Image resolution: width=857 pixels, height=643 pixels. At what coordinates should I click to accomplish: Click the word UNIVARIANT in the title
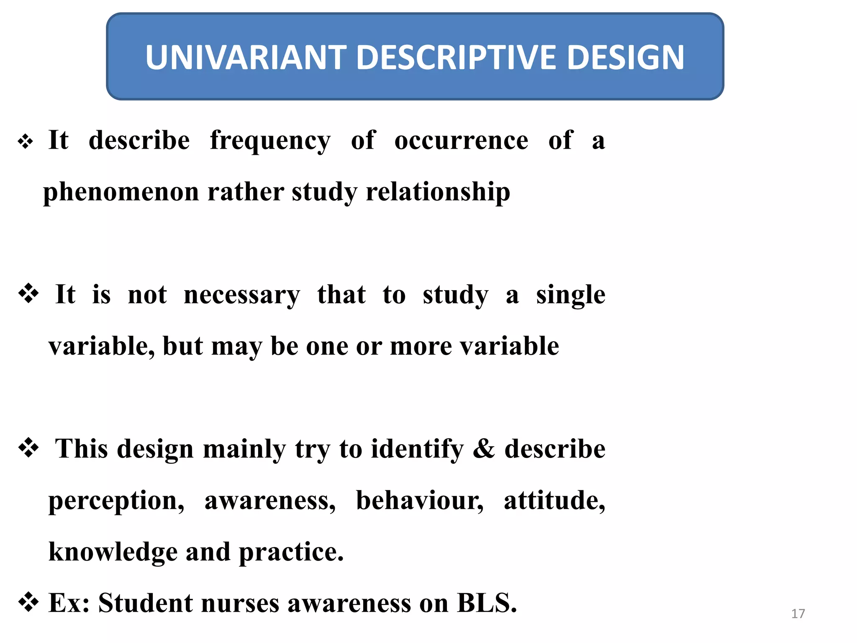pyautogui.click(x=246, y=57)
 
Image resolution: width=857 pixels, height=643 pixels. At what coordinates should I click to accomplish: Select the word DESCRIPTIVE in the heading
pyautogui.click(x=457, y=57)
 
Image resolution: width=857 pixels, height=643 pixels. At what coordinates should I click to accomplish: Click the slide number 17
pyautogui.click(x=798, y=614)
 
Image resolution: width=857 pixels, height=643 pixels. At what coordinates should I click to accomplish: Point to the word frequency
pyautogui.click(x=270, y=141)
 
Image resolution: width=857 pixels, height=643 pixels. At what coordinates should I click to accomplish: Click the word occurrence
pyautogui.click(x=461, y=141)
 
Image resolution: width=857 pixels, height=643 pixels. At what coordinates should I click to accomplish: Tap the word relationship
pyautogui.click(x=438, y=192)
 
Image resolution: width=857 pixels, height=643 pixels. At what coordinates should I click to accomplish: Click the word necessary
pyautogui.click(x=242, y=296)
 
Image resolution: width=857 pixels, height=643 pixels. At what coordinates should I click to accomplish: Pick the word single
pyautogui.click(x=570, y=296)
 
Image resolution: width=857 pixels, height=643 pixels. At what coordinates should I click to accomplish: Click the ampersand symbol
pyautogui.click(x=484, y=449)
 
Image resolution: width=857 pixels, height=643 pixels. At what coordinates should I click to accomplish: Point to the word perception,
pyautogui.click(x=116, y=501)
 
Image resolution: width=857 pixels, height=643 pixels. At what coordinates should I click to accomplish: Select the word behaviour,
pyautogui.click(x=420, y=501)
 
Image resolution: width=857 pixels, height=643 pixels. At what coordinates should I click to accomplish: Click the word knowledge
pyautogui.click(x=113, y=552)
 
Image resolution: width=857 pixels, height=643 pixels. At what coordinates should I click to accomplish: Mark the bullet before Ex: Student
pyautogui.click(x=28, y=602)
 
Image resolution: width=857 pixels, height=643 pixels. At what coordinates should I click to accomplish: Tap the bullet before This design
pyautogui.click(x=28, y=448)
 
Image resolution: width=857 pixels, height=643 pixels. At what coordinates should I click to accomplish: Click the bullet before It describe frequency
pyautogui.click(x=26, y=141)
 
